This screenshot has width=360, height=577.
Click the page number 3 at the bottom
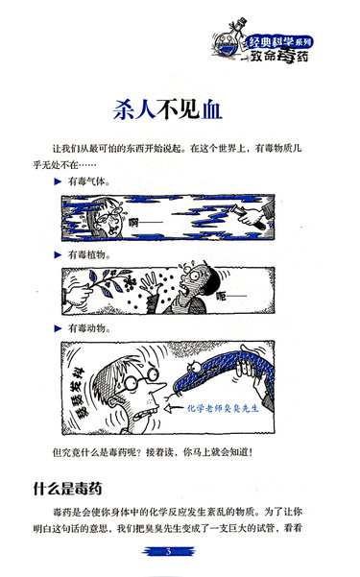click(169, 551)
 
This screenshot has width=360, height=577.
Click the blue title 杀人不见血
click(167, 109)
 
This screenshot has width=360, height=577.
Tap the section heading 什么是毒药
click(67, 489)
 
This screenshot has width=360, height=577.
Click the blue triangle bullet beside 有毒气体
click(58, 181)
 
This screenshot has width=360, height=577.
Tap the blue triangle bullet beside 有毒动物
click(58, 328)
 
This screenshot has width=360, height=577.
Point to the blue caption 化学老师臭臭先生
click(223, 408)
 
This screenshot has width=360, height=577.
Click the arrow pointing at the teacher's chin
click(175, 408)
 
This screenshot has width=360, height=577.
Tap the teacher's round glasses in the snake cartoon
click(141, 378)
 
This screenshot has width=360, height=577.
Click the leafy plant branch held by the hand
click(107, 282)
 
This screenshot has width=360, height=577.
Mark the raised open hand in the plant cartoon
click(152, 284)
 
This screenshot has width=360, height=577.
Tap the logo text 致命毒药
click(279, 56)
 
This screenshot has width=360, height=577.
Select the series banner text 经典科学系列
click(280, 41)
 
